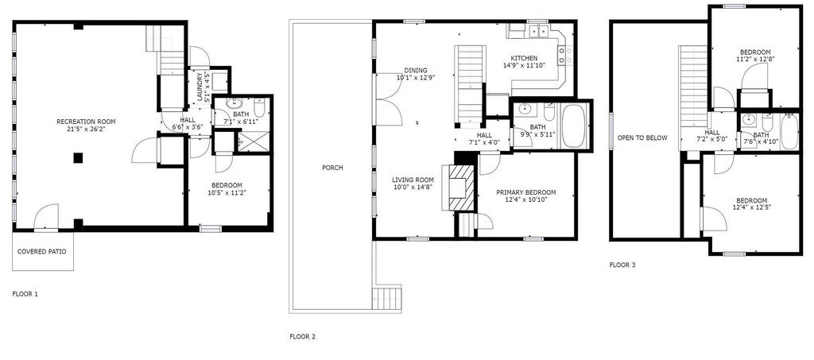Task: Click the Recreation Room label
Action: point(86,122)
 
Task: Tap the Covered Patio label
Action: point(42,252)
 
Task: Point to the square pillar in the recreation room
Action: point(78,157)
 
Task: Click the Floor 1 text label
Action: point(25,294)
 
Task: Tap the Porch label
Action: point(332,168)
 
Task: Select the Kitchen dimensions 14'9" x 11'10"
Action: point(524,65)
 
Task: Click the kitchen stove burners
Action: point(565,56)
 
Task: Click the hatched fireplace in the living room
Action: point(462,188)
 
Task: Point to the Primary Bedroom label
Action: point(526,192)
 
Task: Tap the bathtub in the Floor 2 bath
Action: point(574,126)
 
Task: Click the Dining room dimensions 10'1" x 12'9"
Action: point(415,78)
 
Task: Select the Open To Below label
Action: point(642,138)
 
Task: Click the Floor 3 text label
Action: point(622,265)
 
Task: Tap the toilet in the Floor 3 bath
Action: point(768,122)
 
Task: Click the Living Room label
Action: point(413,180)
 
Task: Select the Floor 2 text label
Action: point(302,337)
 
